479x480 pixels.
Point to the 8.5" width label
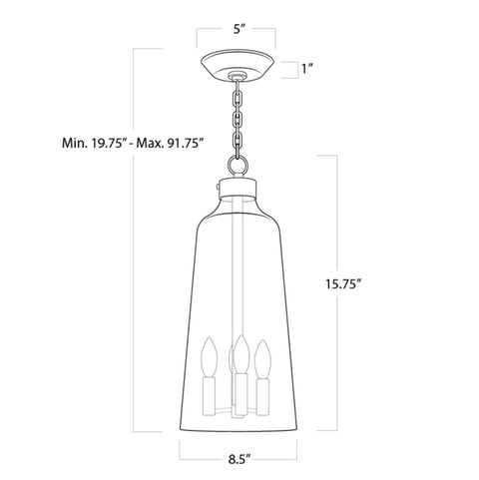tap(239, 461)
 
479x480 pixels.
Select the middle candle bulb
tap(239, 354)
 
